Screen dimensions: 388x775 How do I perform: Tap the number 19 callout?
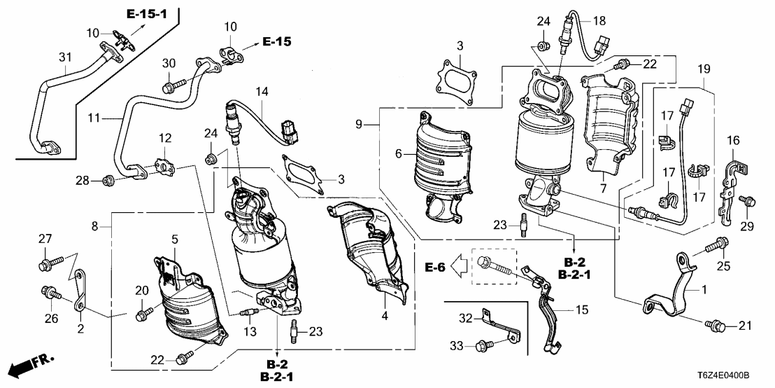click(x=704, y=69)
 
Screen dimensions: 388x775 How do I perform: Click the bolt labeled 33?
click(x=483, y=345)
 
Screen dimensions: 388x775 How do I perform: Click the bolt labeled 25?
click(x=718, y=246)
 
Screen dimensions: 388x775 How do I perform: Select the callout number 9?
click(x=357, y=125)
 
